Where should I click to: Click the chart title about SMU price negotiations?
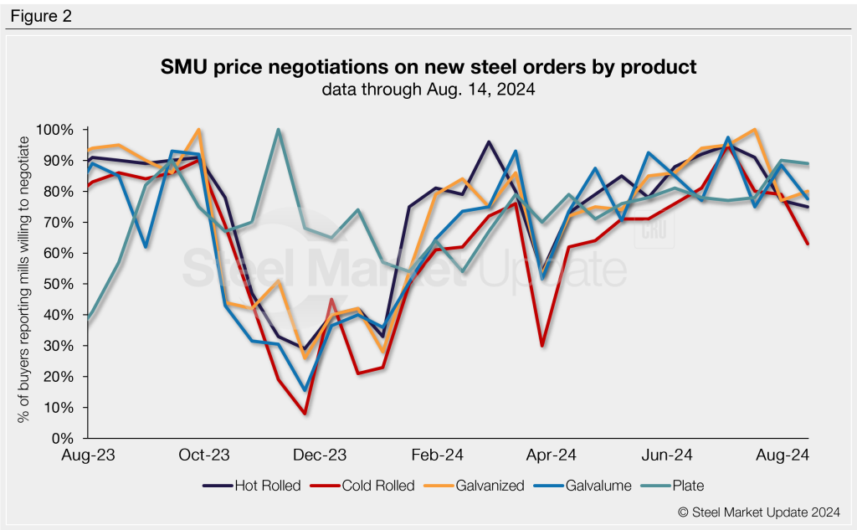click(x=428, y=68)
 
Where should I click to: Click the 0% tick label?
click(x=64, y=438)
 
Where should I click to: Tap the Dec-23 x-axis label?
click(x=319, y=456)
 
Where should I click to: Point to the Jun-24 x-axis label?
click(x=666, y=456)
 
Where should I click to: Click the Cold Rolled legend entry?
click(x=367, y=486)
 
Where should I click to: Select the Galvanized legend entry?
click(x=481, y=486)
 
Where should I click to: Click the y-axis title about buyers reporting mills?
click(x=23, y=284)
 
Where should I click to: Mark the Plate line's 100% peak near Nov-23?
click(x=278, y=130)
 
